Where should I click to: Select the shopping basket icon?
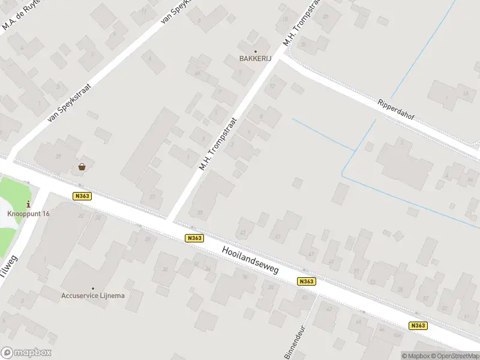pyautogui.click(x=82, y=167)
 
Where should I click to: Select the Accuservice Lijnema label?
pyautogui.click(x=93, y=295)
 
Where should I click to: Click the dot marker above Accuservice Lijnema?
pyautogui.click(x=93, y=288)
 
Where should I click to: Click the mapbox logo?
pyautogui.click(x=26, y=353)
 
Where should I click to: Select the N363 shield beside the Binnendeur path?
pyautogui.click(x=306, y=281)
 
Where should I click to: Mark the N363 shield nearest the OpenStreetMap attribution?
pyautogui.click(x=418, y=326)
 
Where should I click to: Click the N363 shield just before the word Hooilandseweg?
pyautogui.click(x=194, y=238)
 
